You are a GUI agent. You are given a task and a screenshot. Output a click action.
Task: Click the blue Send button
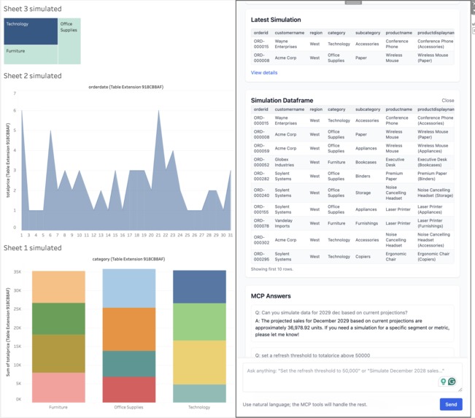coord(450,403)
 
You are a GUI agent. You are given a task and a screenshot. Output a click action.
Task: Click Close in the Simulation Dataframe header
coord(447,101)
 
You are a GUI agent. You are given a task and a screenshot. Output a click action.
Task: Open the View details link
coord(264,73)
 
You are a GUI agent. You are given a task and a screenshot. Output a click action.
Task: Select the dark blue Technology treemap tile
coord(31,31)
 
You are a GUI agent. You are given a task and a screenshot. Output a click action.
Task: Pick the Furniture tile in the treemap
coord(31,55)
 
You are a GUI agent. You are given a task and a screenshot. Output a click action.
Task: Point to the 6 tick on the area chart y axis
coord(14,111)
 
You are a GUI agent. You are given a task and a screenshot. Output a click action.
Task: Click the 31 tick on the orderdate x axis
coord(230,235)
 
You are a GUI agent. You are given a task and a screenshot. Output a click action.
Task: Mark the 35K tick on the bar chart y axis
coord(18,271)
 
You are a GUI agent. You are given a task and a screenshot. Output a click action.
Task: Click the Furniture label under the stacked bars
coord(58,407)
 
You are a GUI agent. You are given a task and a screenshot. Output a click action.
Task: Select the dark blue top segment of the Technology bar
coord(200,287)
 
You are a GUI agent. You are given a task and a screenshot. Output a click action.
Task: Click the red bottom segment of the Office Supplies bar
coord(128,390)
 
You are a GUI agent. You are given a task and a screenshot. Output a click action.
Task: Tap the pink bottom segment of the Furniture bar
coord(58,387)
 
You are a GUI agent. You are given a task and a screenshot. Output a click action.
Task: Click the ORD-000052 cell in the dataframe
coord(260,162)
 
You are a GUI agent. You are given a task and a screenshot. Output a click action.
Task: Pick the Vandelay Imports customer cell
coord(284,223)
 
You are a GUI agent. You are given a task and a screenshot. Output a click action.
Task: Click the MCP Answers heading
coord(271,296)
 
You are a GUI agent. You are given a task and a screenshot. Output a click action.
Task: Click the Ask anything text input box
coord(343,376)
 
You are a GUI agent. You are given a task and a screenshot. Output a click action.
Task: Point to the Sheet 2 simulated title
coord(33,76)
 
